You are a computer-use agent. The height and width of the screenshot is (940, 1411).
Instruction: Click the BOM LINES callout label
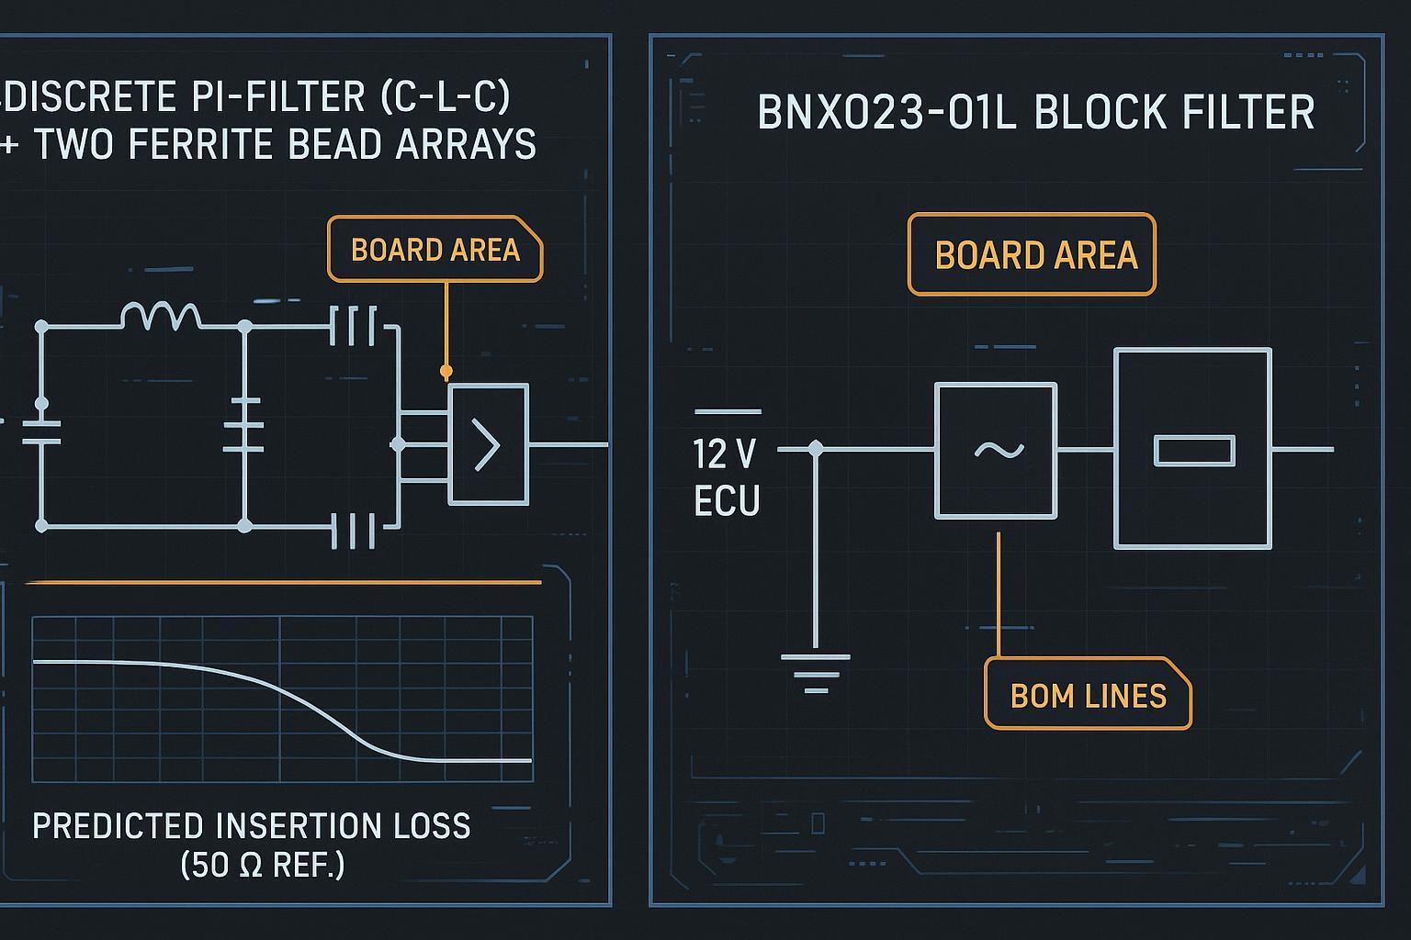click(x=1088, y=695)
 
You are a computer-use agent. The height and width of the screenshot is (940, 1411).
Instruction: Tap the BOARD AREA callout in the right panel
click(x=1032, y=255)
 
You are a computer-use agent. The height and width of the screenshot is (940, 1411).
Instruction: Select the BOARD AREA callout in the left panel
click(x=435, y=250)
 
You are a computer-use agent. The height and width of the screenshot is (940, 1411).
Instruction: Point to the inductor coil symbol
click(x=161, y=316)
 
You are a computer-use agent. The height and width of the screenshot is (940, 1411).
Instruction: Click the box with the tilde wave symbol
click(x=996, y=450)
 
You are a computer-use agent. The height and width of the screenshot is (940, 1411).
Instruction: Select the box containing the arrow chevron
click(x=488, y=444)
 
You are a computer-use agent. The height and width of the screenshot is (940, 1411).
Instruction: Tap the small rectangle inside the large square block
click(x=1193, y=451)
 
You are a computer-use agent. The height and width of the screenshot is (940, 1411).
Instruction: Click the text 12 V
click(x=725, y=453)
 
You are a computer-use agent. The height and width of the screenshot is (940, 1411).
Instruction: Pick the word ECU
click(x=727, y=501)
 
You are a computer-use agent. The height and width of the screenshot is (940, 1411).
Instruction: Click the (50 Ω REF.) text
click(x=263, y=865)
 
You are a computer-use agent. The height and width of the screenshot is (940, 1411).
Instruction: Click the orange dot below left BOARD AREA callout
click(x=446, y=372)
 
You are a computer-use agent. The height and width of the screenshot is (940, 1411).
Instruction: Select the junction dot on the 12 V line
click(x=815, y=449)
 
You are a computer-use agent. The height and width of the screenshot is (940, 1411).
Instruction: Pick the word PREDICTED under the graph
click(x=118, y=826)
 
